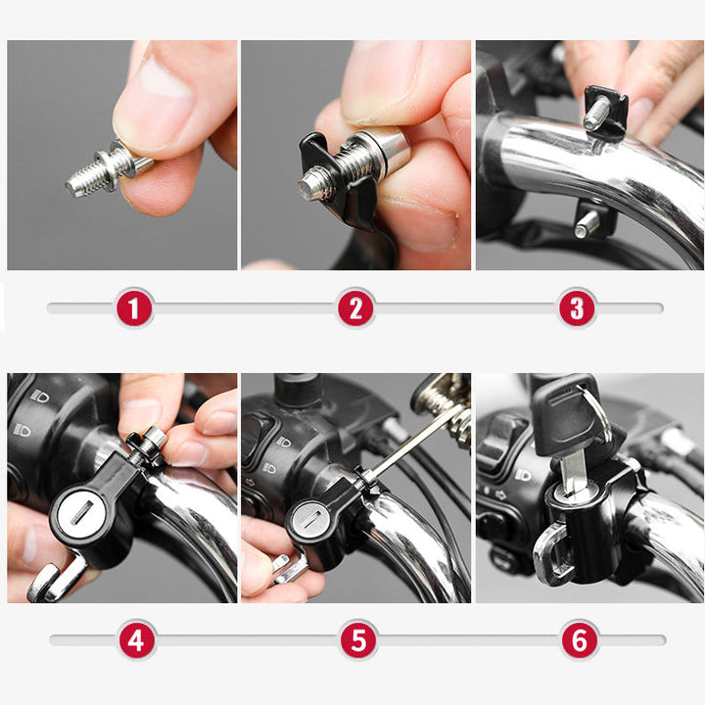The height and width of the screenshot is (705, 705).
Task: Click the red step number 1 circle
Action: pos(134,308)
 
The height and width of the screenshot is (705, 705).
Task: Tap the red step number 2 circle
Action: pos(355,308)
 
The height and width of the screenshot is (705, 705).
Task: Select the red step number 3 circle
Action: pos(577,308)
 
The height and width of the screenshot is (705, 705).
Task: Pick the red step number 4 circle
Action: pos(136,641)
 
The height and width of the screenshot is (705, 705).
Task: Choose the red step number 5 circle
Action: pos(358,641)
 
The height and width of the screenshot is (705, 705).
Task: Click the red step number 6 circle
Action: pos(580,641)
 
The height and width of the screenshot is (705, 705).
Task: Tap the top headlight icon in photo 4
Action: pos(40,396)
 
